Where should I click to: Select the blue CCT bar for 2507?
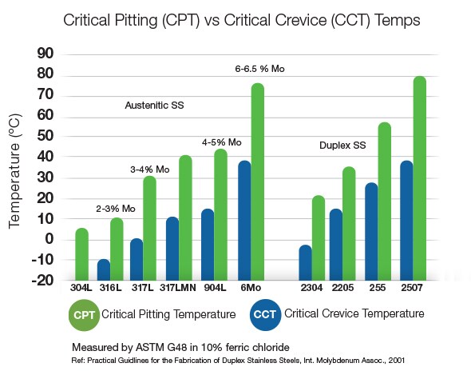[406, 220]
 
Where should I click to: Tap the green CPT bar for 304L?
[82, 254]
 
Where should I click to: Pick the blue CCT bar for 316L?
[103, 270]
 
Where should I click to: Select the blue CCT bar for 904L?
[208, 244]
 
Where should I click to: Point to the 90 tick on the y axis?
[46, 54]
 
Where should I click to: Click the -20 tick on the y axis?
[42, 281]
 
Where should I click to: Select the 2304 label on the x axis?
[311, 289]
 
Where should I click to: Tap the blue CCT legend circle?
[268, 315]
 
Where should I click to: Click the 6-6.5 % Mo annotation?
[259, 70]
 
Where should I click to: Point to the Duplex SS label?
[341, 146]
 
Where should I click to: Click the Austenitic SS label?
[153, 106]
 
